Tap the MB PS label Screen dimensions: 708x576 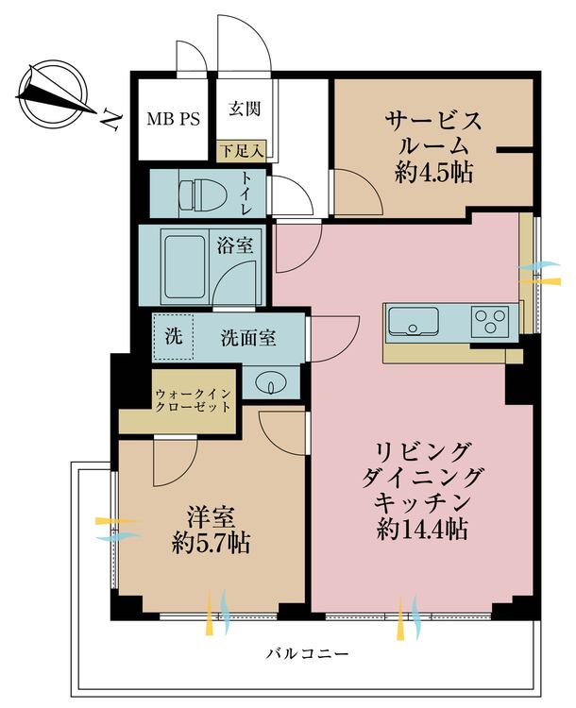click(x=172, y=120)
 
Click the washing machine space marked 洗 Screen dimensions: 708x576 click(x=173, y=335)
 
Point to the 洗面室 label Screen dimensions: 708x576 click(x=249, y=337)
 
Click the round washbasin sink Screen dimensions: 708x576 click(x=271, y=384)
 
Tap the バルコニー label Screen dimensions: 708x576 click(x=308, y=653)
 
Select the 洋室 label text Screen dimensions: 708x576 click(x=210, y=517)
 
